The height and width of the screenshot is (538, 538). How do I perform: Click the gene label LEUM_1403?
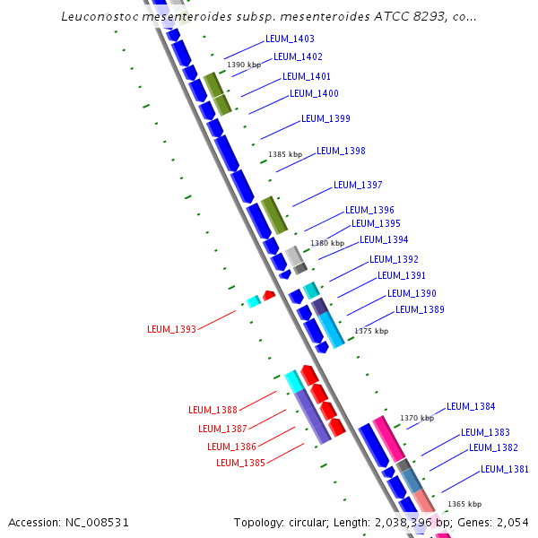coord(290,39)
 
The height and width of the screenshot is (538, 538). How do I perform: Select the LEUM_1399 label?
coord(325,118)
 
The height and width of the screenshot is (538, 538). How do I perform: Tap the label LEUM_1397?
coord(358,186)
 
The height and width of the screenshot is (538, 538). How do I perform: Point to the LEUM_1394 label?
coord(384,240)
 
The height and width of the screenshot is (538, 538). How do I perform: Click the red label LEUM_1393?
coord(171,330)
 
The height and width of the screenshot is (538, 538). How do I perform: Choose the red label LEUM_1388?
coord(213,411)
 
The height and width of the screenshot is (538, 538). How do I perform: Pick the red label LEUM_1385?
coord(240,463)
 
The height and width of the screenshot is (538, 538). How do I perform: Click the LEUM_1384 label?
coord(471,407)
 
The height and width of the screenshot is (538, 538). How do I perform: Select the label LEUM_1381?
coord(504,469)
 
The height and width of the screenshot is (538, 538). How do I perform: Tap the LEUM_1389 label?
coord(420,310)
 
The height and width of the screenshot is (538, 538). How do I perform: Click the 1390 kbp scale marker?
coord(244,65)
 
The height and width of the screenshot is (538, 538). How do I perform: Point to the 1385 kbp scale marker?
coord(285,155)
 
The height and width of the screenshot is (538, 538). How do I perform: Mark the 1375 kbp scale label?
coord(371,331)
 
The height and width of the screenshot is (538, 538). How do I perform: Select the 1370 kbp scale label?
coord(416,418)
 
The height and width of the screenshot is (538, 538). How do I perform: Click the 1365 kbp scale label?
coord(464,504)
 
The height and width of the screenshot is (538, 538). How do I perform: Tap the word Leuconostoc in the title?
coord(104,17)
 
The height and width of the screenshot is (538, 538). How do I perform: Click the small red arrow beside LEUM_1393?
coord(267,294)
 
